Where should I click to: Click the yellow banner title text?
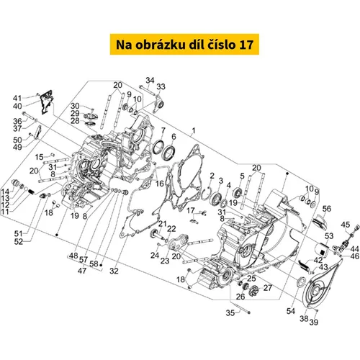(x=184, y=45)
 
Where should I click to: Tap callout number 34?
(x=150, y=80)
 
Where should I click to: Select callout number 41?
(x=17, y=98)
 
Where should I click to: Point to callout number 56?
(x=327, y=209)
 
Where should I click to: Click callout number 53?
(x=329, y=236)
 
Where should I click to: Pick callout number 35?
(x=230, y=313)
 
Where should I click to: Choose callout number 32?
(x=114, y=271)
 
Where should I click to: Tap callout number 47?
(x=82, y=271)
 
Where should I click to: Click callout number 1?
(x=194, y=131)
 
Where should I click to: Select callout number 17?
(x=191, y=210)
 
